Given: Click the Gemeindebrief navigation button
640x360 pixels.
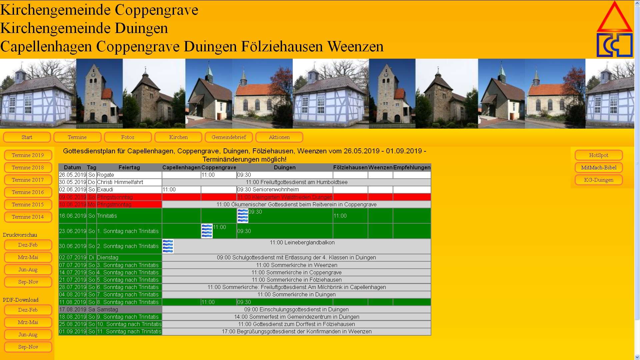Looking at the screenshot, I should [x=229, y=137].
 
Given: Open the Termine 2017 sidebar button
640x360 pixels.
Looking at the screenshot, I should [x=28, y=180].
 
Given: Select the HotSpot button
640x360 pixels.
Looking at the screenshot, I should [x=598, y=155].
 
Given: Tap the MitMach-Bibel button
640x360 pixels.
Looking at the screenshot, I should [x=598, y=168].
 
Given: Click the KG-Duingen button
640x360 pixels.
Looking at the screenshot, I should [x=598, y=180].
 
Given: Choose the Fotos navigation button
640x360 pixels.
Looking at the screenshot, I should [x=128, y=137].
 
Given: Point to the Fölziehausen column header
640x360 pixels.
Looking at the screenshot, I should [x=350, y=167].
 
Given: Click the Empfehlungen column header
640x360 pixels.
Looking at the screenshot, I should [x=412, y=167].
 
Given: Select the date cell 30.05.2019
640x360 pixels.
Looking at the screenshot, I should [x=73, y=182].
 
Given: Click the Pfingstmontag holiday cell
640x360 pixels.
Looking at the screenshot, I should [x=114, y=204].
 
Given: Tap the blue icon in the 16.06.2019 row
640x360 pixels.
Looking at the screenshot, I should [x=243, y=216].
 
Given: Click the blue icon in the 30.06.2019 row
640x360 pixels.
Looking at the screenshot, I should [x=168, y=246].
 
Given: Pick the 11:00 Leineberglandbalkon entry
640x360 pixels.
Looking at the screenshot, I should [x=302, y=243].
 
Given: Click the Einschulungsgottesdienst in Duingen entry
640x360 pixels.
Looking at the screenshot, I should [x=296, y=310].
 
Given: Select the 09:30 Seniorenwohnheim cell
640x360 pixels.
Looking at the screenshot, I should [x=268, y=190].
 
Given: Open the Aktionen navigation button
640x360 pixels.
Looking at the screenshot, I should [x=279, y=137].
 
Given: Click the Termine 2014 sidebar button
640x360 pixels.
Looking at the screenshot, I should [x=28, y=217].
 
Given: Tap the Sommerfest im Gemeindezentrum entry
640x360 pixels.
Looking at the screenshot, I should [x=296, y=317].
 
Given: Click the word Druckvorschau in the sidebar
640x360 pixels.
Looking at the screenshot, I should [x=20, y=235].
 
